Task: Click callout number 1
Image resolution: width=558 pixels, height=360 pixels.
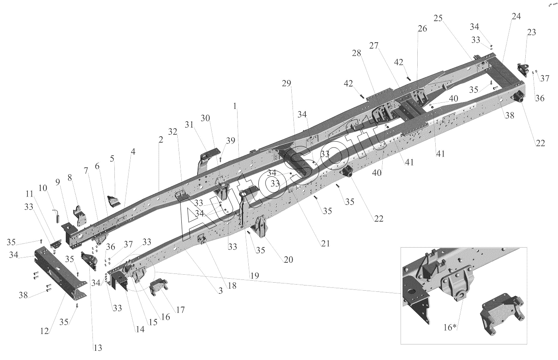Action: tap(235, 106)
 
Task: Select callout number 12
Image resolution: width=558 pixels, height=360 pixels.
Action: tap(45, 331)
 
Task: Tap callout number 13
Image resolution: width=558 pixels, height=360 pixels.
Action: tap(98, 348)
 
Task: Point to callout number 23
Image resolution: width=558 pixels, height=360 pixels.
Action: tap(531, 32)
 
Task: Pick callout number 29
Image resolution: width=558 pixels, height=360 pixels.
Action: tap(287, 83)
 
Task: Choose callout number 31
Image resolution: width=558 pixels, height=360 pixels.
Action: tap(189, 124)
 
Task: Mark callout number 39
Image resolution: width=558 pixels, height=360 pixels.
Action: tap(231, 141)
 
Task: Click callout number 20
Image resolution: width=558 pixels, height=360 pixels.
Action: tap(288, 260)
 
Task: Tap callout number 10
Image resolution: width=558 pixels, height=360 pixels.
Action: tap(43, 188)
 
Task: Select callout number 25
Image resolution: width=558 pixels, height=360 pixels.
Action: tap(438, 18)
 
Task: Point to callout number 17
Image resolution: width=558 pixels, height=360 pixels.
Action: tap(180, 310)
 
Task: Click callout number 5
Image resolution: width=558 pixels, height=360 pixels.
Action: tap(112, 158)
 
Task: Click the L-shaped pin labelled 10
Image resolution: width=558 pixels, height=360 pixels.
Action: tap(57, 216)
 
